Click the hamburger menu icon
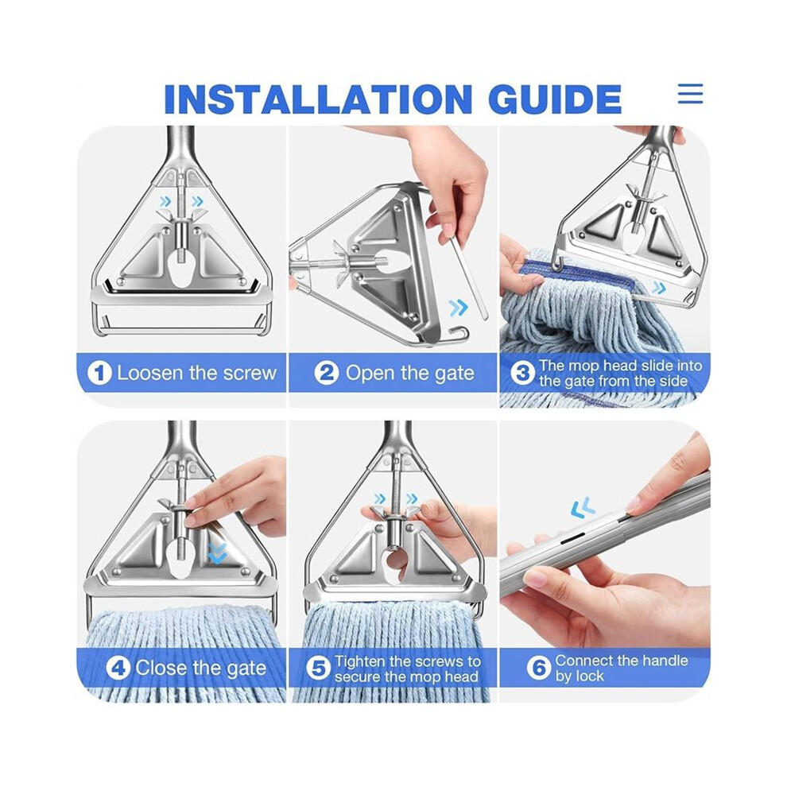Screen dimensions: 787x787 point(690,93)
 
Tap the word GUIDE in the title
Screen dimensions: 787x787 point(555,99)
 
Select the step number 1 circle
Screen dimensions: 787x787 point(99,374)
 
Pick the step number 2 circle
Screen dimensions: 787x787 point(327,374)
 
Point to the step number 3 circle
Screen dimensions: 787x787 point(523,374)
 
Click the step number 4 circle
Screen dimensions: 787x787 point(118,669)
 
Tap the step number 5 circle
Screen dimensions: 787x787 point(318,669)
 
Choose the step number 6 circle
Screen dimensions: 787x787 point(538,669)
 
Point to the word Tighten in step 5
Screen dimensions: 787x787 point(360,661)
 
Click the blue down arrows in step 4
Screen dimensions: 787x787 point(217,552)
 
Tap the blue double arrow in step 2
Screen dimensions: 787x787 point(458,307)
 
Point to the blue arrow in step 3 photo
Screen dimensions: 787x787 point(658,288)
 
